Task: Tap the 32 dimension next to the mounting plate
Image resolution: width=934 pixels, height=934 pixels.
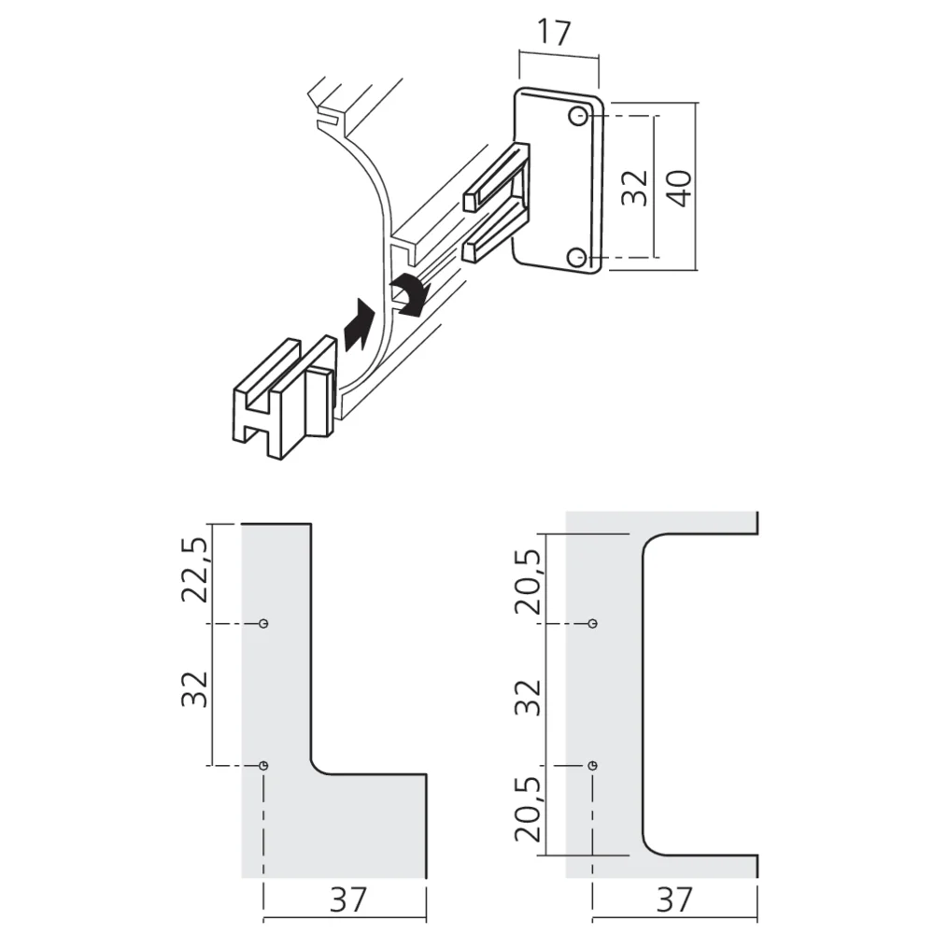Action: click(x=635, y=188)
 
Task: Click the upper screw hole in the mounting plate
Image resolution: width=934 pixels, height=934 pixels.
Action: click(x=579, y=117)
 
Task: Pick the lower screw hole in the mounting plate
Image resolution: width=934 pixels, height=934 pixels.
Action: click(x=579, y=257)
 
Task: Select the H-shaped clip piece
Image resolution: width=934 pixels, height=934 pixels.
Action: click(x=280, y=396)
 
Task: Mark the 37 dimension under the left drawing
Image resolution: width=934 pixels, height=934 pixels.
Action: click(x=345, y=899)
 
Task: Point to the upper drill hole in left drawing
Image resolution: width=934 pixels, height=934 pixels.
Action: click(x=264, y=623)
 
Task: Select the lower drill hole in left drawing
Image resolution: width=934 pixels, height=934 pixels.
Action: click(x=264, y=766)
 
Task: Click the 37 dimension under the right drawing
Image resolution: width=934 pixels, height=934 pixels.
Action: click(x=673, y=899)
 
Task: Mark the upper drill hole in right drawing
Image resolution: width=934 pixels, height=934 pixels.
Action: click(x=593, y=623)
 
